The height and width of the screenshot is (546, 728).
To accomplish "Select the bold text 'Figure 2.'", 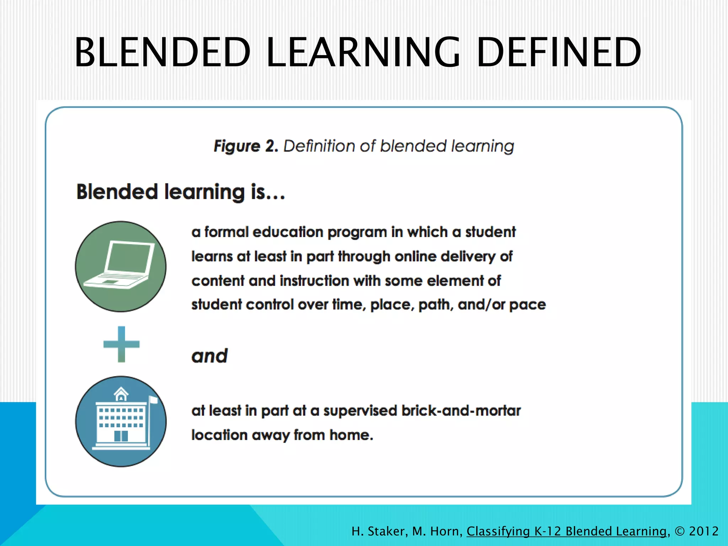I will (246, 146).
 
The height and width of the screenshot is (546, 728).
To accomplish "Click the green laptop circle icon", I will (121, 267).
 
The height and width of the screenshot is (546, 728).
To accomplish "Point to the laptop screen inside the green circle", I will (130, 257).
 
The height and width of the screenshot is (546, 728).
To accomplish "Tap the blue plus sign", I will (121, 344).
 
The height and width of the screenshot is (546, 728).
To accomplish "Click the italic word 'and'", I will (209, 356).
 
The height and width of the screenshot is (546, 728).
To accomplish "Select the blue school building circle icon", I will (121, 422).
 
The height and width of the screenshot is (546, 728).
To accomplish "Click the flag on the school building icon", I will (154, 400).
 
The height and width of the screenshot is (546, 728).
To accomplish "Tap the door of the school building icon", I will (121, 435).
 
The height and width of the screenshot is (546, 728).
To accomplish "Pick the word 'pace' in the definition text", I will (528, 305).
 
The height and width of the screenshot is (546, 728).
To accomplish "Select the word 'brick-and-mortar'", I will (461, 411).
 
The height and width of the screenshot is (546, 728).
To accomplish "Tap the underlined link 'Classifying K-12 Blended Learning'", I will (567, 531).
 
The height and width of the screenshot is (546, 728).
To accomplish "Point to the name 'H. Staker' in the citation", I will (379, 531).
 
